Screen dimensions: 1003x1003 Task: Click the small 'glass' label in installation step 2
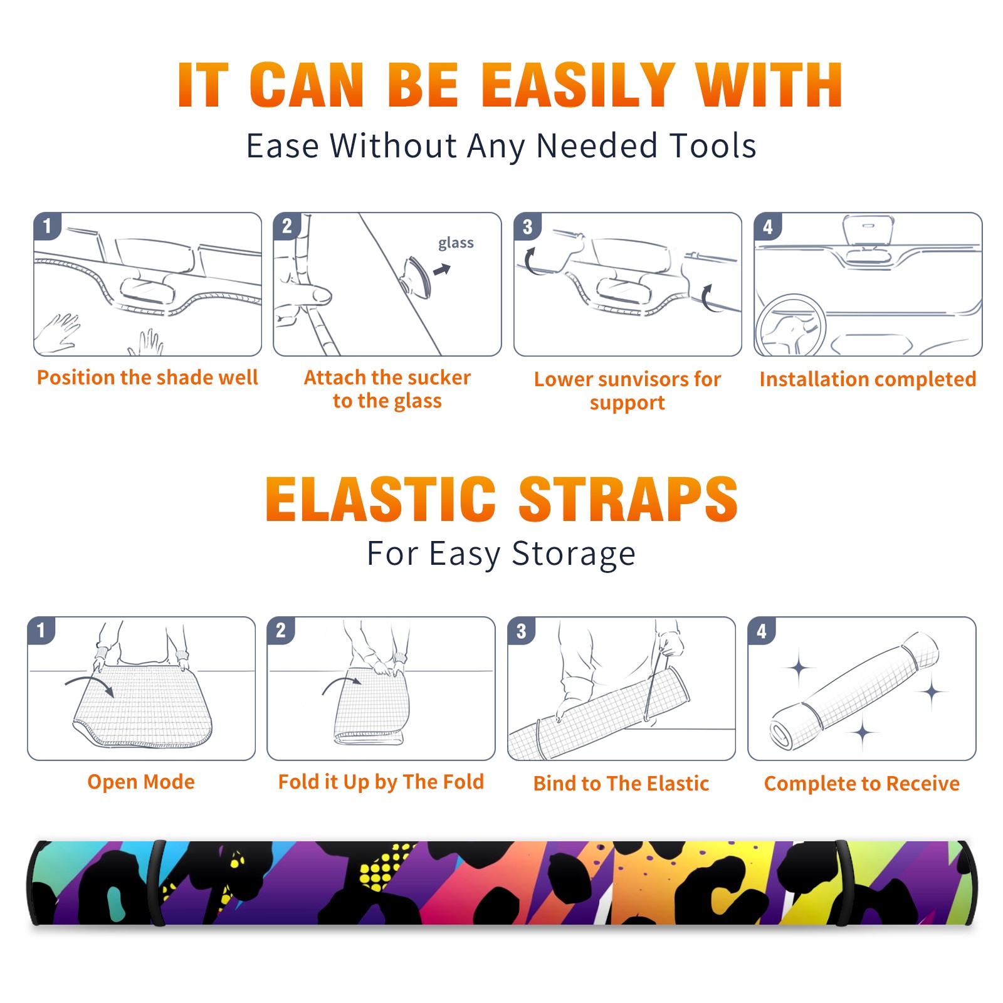[456, 243]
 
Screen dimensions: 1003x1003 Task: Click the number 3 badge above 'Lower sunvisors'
[527, 226]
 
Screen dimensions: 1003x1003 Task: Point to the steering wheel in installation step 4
[791, 326]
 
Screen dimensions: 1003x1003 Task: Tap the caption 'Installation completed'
[868, 379]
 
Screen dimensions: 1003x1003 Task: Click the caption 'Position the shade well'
[147, 377]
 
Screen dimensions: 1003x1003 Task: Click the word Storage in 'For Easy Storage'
[574, 554]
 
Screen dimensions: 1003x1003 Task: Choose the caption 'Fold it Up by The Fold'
[381, 782]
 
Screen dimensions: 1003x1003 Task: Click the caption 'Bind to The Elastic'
[621, 784]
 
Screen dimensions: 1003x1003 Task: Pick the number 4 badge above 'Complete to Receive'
[761, 631]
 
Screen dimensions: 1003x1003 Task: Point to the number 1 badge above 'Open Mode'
[41, 630]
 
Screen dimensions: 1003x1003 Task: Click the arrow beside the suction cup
[443, 270]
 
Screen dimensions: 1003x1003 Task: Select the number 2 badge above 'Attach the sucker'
[286, 226]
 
